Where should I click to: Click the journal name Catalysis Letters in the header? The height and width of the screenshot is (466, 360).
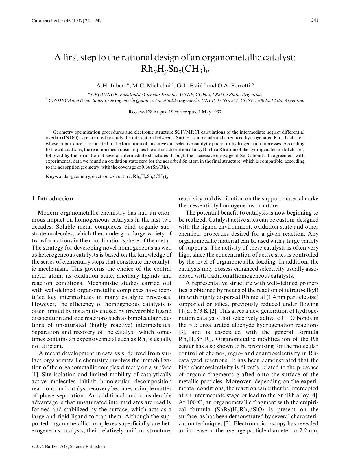point(48,21)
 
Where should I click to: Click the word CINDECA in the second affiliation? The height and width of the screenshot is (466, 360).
point(60,100)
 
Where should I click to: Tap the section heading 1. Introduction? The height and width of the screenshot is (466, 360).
point(52,199)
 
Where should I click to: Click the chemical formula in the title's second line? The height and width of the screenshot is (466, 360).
point(175,69)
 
